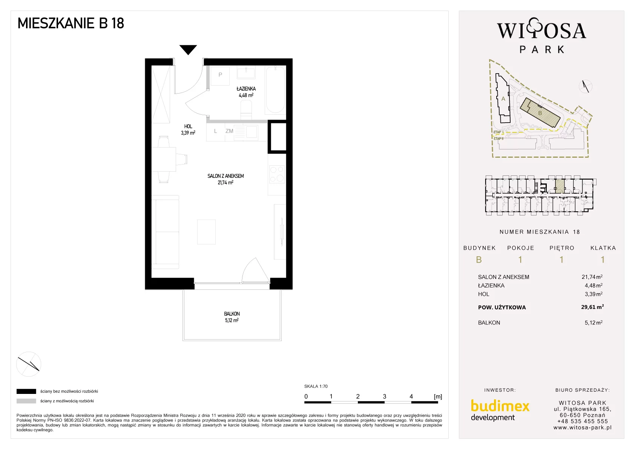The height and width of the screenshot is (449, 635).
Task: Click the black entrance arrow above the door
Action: pos(188,49)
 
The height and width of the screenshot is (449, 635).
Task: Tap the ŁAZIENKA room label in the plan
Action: pos(246,89)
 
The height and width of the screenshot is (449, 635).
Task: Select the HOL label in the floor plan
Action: pos(188,126)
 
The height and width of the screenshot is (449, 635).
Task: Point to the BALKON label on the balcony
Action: pos(232,314)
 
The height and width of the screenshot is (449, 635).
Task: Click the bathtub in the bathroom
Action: pos(275,90)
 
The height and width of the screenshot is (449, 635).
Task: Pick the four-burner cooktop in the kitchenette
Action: pos(277,174)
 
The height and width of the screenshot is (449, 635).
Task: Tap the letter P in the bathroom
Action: pos(220,75)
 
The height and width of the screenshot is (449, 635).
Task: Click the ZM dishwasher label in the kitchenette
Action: pos(229,131)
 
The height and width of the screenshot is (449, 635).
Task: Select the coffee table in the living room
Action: pos(206,232)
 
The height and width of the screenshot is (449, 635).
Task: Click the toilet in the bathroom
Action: pos(246,111)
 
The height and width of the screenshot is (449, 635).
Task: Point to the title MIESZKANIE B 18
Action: pos(71,23)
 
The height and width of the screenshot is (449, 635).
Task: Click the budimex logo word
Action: pos(500,406)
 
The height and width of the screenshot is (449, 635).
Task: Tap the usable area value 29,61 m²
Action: pos(592,307)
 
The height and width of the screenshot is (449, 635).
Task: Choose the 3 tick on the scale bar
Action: pos(384,397)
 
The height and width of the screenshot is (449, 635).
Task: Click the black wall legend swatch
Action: pos(26,391)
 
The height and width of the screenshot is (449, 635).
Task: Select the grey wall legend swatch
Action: pos(26,401)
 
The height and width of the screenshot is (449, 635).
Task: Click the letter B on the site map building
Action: pos(540,113)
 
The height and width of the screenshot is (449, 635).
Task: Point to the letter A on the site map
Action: pos(503,99)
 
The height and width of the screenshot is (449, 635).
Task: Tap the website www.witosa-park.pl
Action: pos(582,428)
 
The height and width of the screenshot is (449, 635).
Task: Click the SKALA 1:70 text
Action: pos(316,386)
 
